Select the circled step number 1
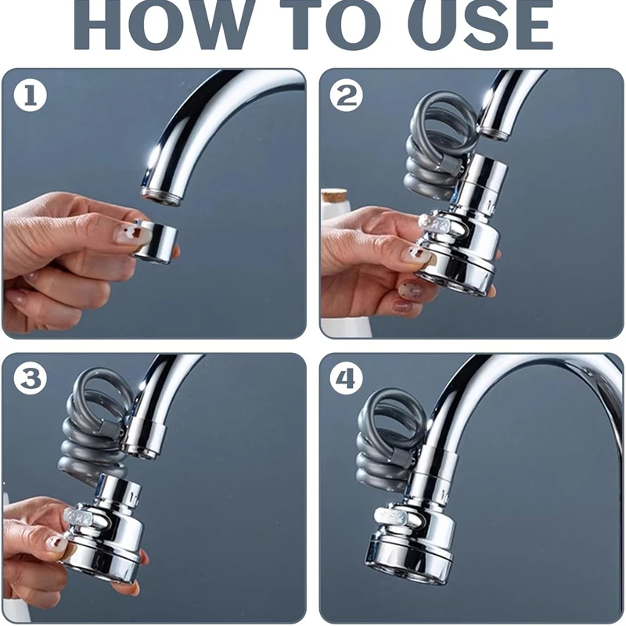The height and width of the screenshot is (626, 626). pyautogui.click(x=31, y=95)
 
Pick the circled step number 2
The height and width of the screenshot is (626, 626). pyautogui.click(x=347, y=95)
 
